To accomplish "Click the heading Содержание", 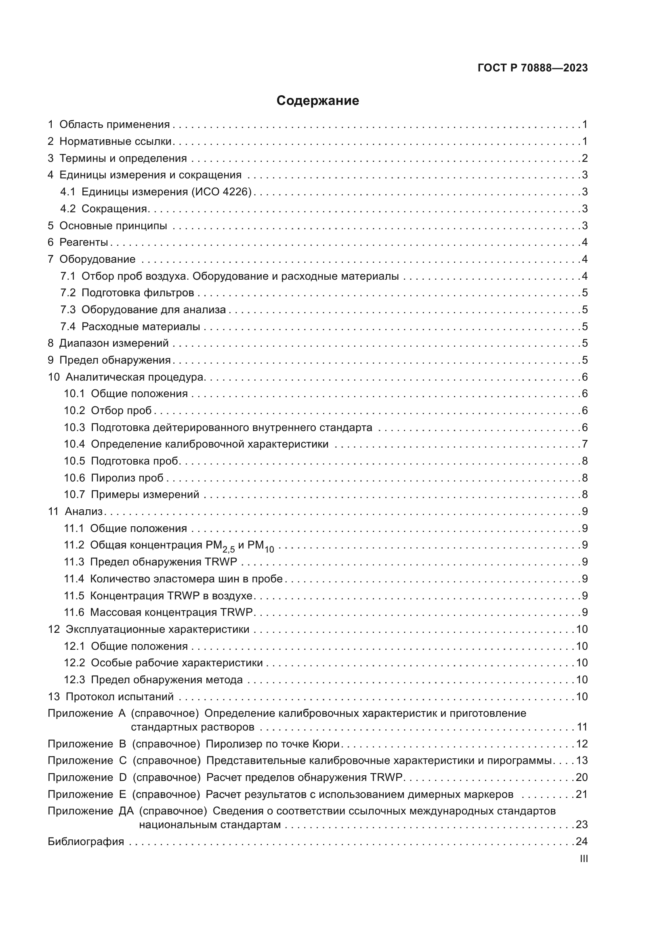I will [x=317, y=101].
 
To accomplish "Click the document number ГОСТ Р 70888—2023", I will [x=533, y=68].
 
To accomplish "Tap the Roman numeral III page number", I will [x=583, y=858].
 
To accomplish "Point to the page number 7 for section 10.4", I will [x=584, y=444].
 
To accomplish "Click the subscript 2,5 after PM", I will [x=229, y=549].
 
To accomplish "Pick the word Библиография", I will [x=86, y=841].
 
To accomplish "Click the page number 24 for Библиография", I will [x=582, y=841].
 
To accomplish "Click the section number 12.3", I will [x=74, y=680].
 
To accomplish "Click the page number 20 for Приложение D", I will [x=582, y=777].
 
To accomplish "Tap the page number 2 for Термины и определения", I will [x=584, y=158].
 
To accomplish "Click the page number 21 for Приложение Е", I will [x=582, y=794].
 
